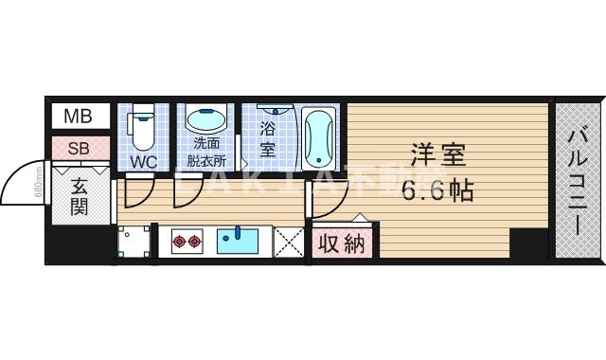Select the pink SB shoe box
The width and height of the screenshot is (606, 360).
coord(79,148)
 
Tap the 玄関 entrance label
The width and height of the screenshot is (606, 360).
coord(79,197)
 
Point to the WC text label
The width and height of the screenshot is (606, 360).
coord(143,162)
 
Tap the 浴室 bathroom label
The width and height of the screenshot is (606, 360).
coord(267,141)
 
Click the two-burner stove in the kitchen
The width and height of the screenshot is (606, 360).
coord(186,243)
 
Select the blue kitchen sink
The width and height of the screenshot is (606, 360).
coord(237,242)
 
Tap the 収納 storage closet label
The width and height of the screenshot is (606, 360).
coord(341,243)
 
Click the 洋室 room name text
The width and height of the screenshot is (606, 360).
coord(438,154)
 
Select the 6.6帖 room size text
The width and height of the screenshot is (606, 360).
coord(437,189)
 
